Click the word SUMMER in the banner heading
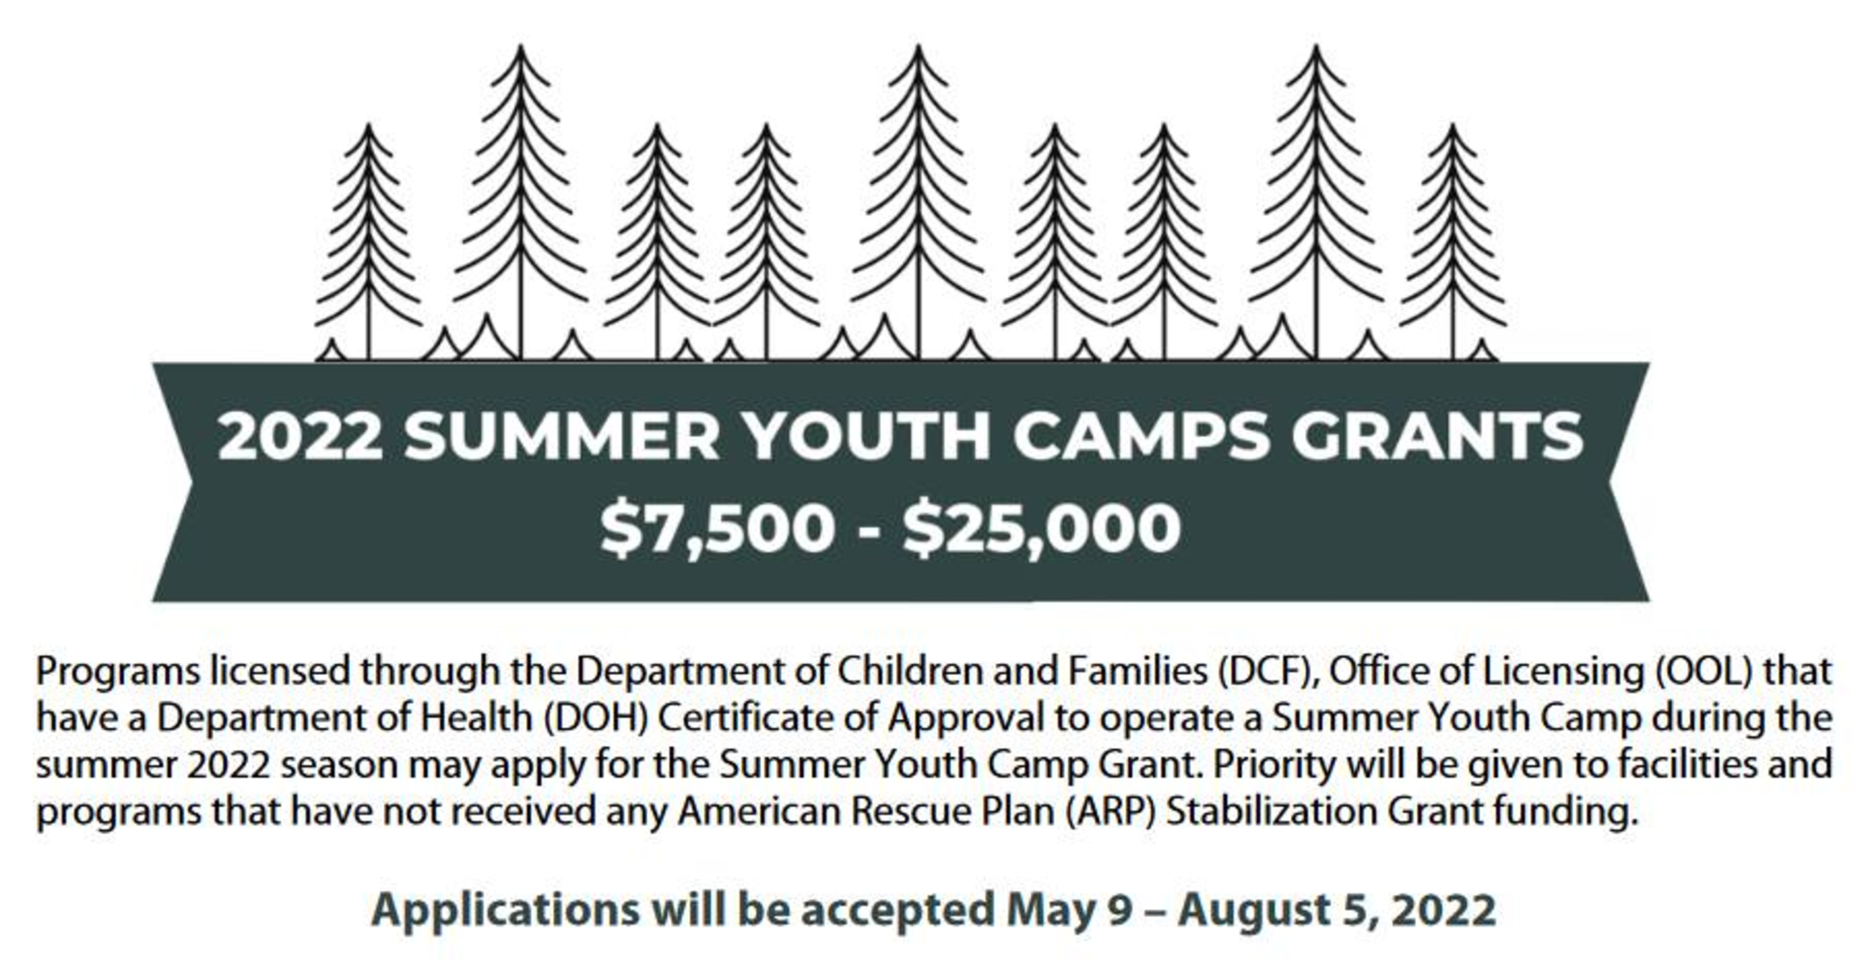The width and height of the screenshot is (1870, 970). point(561,435)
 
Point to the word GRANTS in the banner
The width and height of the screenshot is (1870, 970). point(1438,435)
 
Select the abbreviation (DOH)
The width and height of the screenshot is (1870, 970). point(596,719)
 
